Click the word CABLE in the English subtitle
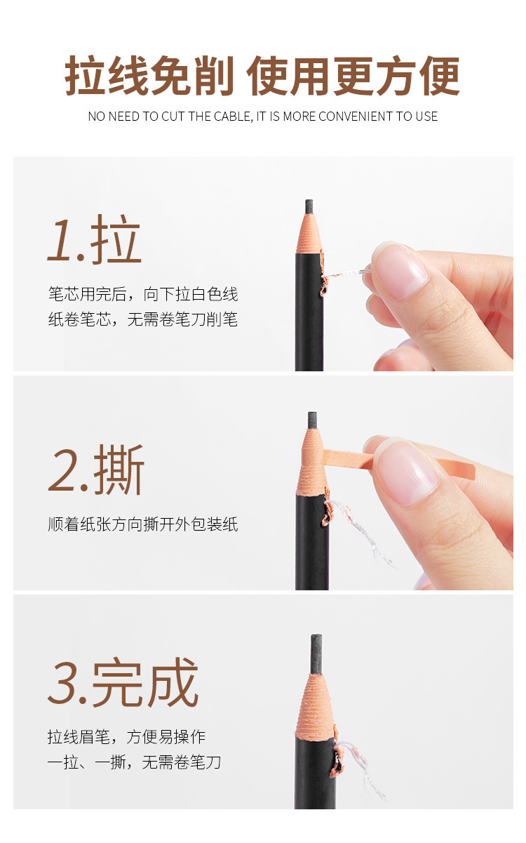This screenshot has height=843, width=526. tap(233, 117)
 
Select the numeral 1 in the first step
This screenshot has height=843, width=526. tap(61, 240)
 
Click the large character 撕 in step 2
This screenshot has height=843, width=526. tap(119, 469)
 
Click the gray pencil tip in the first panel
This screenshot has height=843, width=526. tap(309, 206)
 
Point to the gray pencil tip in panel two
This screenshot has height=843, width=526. tap(312, 420)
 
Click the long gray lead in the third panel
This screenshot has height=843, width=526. tap(316, 654)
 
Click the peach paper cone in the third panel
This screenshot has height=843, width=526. tap(315, 704)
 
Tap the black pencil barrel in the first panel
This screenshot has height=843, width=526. tap(309, 312)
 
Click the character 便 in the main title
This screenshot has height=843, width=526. tap(440, 76)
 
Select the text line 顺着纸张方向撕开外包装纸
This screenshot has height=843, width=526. tap(143, 524)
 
